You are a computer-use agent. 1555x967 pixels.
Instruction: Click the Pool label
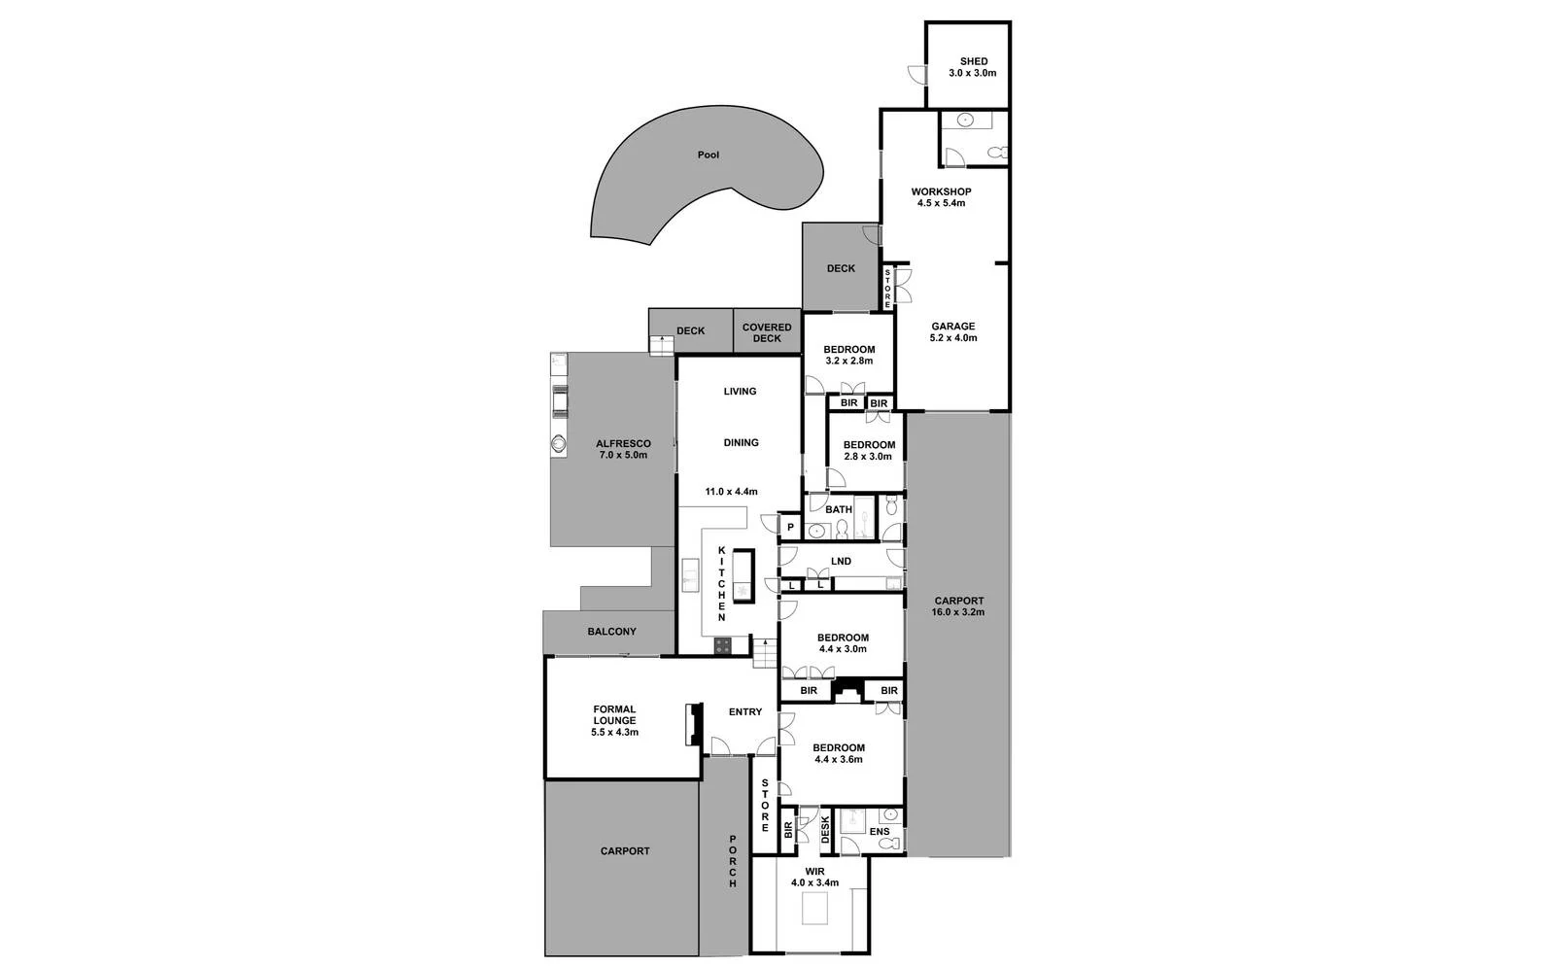[x=708, y=155]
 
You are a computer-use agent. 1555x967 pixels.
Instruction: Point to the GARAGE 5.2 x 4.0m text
[x=952, y=332]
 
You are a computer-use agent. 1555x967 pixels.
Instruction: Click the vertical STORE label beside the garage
[x=887, y=289]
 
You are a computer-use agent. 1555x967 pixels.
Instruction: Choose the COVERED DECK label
[x=767, y=333]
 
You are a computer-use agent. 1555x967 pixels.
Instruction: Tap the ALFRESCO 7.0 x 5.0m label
[x=623, y=449]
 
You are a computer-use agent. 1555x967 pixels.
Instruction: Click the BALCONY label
[x=611, y=632]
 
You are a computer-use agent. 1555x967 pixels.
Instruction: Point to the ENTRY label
[x=745, y=712]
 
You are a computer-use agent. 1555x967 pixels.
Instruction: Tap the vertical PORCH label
[x=733, y=861]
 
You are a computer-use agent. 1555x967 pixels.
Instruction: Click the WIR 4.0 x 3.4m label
[x=814, y=878]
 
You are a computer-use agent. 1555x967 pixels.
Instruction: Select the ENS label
[x=879, y=832]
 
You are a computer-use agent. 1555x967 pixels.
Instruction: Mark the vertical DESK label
[x=825, y=829]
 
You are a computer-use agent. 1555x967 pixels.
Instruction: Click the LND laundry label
[x=841, y=562]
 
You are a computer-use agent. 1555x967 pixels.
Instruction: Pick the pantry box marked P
[x=790, y=528]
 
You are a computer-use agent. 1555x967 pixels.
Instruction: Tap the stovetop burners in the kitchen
[x=723, y=644]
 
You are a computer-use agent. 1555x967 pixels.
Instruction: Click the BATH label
[x=838, y=509]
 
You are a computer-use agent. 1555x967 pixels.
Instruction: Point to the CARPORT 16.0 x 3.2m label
[x=958, y=606]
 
